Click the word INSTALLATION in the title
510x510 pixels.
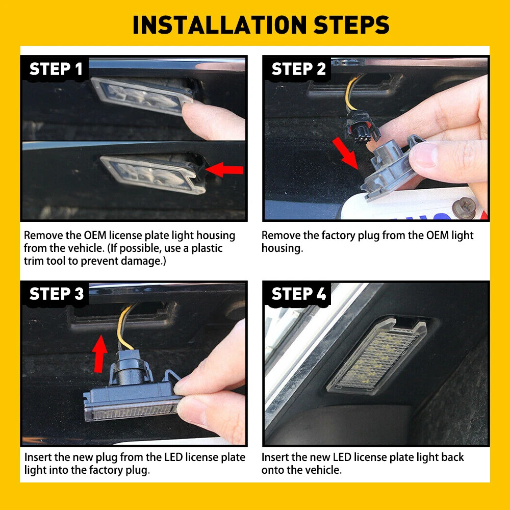click(220, 25)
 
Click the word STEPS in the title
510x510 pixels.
click(351, 25)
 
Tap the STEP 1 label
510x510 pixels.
click(56, 69)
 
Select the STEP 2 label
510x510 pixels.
click(298, 69)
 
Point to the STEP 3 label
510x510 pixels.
click(56, 294)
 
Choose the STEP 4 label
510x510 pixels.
click(298, 294)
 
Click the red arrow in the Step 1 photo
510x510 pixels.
click(224, 169)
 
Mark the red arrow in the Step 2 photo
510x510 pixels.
click(345, 153)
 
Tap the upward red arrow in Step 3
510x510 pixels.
click(100, 353)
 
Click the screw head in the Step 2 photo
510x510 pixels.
click(464, 207)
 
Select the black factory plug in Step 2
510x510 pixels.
click(362, 129)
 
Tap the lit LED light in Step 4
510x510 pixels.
click(377, 357)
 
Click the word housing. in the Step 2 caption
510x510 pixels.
click(283, 248)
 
